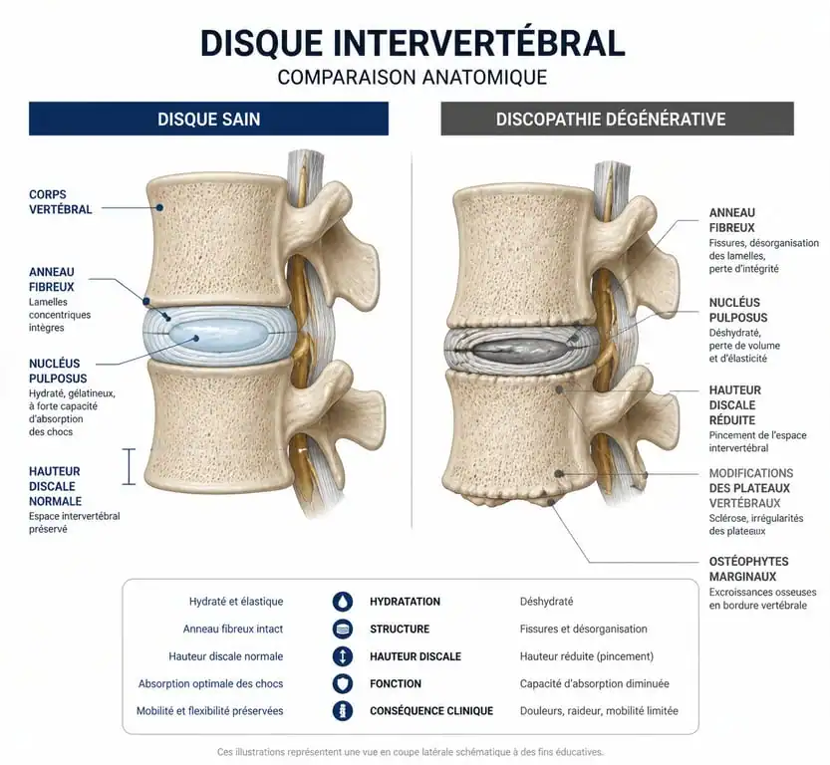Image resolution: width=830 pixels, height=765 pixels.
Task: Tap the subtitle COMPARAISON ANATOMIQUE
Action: (413, 78)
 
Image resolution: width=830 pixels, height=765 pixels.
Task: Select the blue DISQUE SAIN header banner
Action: (208, 119)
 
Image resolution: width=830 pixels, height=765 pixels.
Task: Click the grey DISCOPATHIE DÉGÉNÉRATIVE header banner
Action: (617, 119)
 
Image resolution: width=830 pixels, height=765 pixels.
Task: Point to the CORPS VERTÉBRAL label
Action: (61, 202)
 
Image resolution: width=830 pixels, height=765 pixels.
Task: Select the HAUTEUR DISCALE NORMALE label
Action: (55, 486)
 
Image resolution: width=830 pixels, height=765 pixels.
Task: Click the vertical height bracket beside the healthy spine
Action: (129, 466)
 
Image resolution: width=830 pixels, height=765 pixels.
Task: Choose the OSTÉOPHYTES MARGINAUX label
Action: (748, 569)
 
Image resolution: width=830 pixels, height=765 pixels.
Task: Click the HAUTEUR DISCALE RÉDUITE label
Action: (734, 405)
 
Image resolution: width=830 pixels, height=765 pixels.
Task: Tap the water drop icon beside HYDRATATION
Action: (343, 602)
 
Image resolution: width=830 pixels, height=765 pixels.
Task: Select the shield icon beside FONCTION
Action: (343, 683)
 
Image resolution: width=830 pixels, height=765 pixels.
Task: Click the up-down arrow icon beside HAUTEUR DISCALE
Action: (343, 656)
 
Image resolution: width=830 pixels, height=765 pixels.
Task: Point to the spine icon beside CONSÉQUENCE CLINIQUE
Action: (343, 711)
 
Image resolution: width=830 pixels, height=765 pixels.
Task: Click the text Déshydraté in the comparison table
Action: (546, 602)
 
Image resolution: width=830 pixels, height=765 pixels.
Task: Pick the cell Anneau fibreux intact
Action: (233, 630)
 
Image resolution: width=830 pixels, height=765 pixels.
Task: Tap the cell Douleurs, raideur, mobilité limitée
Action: (599, 711)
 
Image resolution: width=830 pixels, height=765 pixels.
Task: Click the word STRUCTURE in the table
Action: (400, 630)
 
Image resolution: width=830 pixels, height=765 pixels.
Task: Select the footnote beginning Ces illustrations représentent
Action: (411, 752)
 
